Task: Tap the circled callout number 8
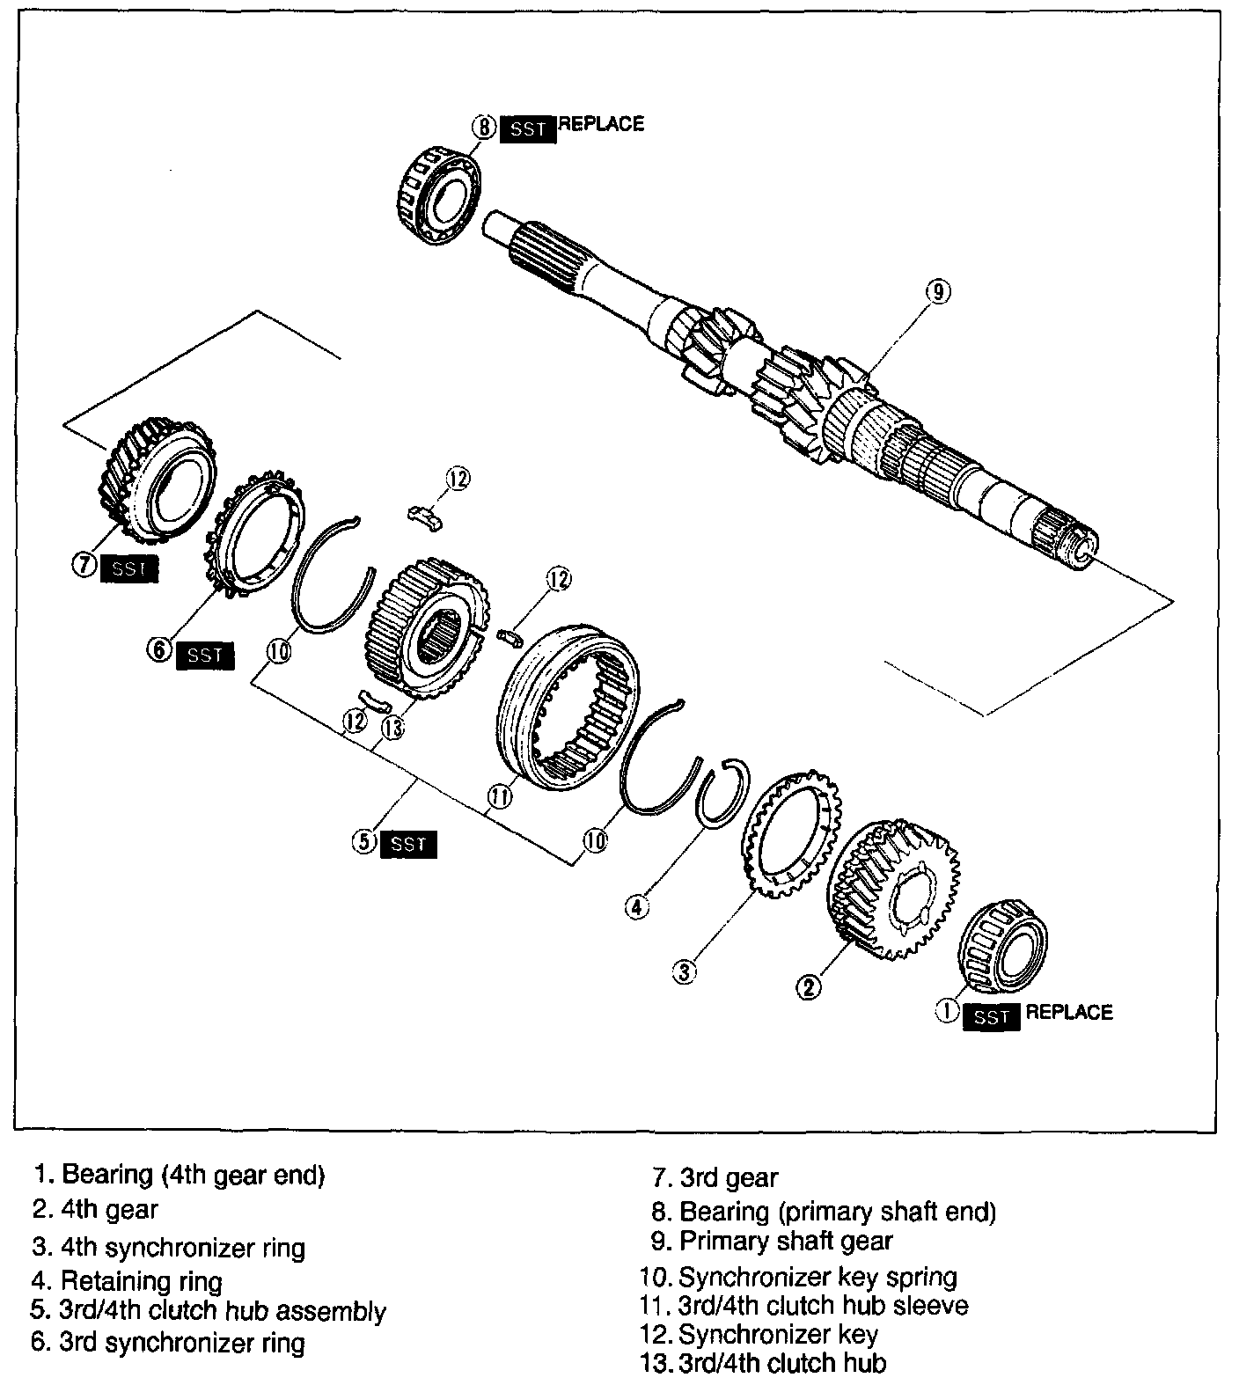(x=486, y=127)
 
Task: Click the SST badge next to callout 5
(x=408, y=844)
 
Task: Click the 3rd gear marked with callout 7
(x=155, y=483)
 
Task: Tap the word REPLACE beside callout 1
(x=1069, y=1012)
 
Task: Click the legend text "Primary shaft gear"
(x=786, y=1241)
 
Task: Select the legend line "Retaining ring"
(x=141, y=1280)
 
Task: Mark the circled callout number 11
(x=500, y=797)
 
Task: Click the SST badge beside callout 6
(x=205, y=656)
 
